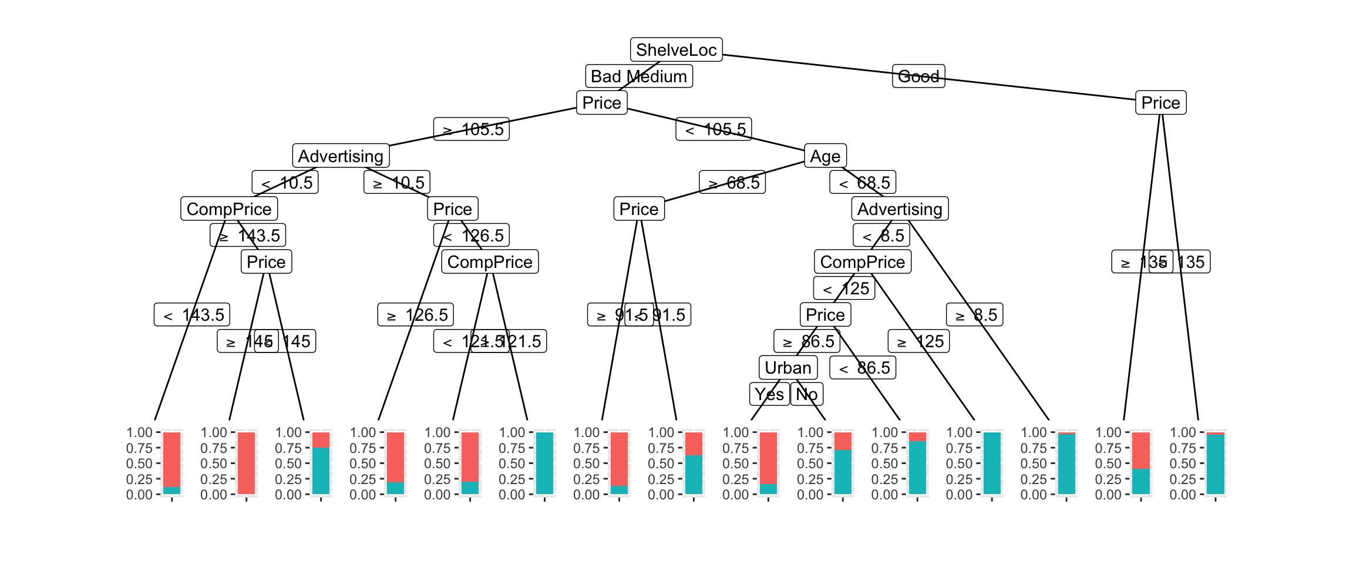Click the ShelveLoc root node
click(x=676, y=50)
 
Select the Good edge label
click(x=918, y=76)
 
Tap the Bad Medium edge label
click(x=639, y=76)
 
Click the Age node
click(x=825, y=156)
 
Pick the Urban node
click(x=787, y=368)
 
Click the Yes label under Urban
click(x=769, y=394)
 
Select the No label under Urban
click(x=807, y=394)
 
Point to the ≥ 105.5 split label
click(x=472, y=129)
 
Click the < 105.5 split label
click(x=713, y=129)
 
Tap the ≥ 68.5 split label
click(x=732, y=183)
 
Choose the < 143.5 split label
click(x=192, y=315)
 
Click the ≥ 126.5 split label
click(x=416, y=315)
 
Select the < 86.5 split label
click(x=863, y=368)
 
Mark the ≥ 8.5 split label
click(x=975, y=315)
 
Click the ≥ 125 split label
click(x=918, y=341)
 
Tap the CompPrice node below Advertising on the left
click(x=229, y=209)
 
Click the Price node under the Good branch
click(x=1160, y=103)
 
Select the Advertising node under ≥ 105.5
click(x=341, y=156)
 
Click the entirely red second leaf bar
click(x=247, y=463)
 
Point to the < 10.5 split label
click(x=285, y=183)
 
